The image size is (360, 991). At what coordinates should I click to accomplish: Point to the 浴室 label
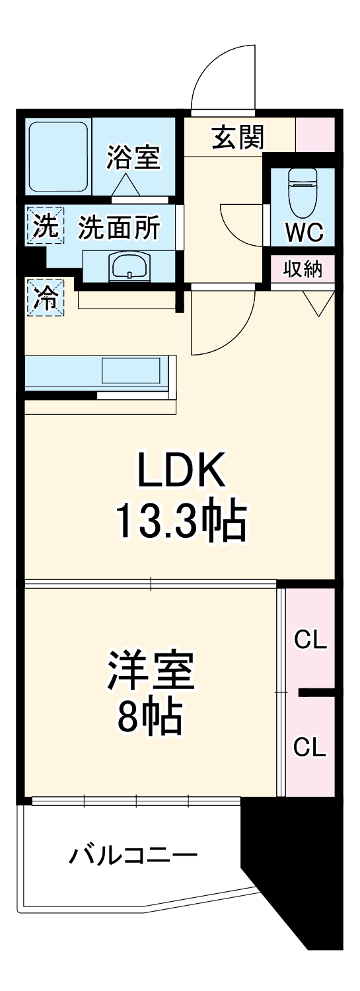[133, 158]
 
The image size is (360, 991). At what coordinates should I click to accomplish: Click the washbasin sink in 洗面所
[130, 267]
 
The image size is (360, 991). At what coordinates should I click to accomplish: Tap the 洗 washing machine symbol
[46, 227]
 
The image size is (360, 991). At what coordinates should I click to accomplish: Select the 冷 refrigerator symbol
[46, 297]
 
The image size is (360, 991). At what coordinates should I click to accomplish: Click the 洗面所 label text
[119, 228]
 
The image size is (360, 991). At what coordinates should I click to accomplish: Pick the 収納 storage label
[303, 270]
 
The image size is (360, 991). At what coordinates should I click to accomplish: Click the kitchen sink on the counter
[131, 373]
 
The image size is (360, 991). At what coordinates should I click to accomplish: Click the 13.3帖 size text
[182, 522]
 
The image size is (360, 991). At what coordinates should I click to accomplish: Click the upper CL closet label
[310, 640]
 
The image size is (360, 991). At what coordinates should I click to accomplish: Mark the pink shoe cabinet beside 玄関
[314, 133]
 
